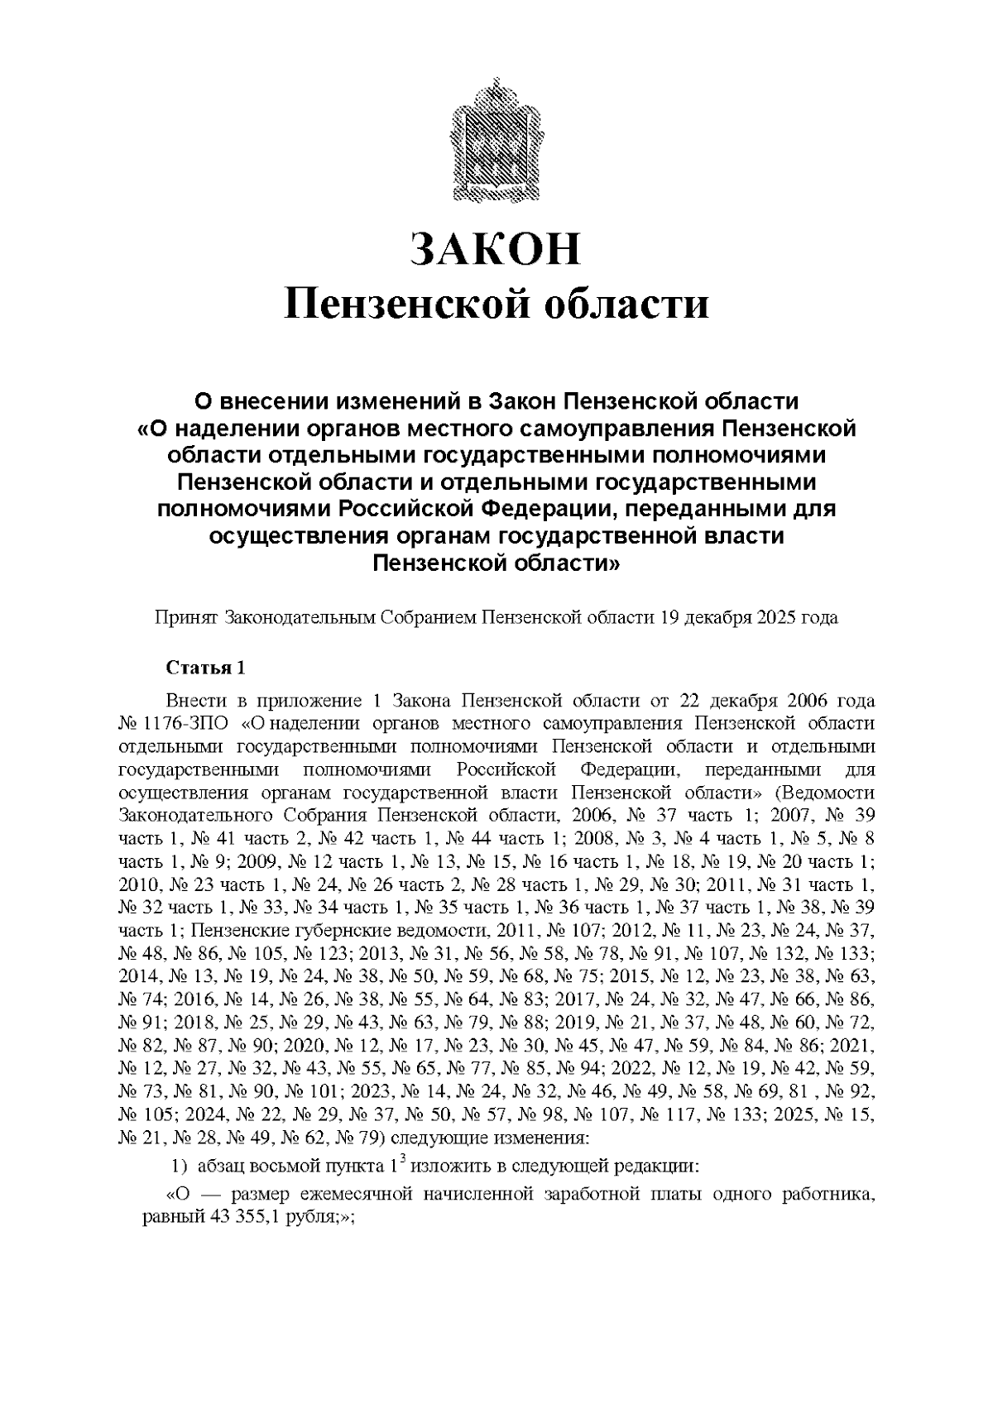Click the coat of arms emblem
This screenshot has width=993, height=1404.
click(496, 140)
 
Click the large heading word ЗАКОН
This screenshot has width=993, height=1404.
click(496, 250)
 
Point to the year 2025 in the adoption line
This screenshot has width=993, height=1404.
click(774, 618)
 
